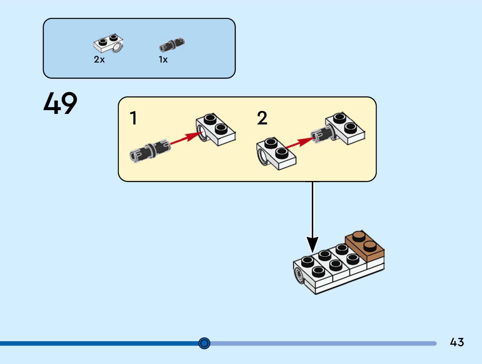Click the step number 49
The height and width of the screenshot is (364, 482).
point(60,103)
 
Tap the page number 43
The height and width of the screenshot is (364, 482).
point(457,342)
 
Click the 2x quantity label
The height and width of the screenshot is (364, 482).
point(99,60)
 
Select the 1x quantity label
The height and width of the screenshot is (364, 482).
point(163,60)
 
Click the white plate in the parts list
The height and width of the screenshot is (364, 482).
point(108,43)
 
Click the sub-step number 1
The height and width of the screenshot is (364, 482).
point(134,118)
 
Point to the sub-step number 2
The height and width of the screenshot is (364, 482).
point(262,118)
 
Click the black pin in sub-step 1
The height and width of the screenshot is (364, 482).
point(150,151)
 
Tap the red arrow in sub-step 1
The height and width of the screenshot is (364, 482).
point(186,138)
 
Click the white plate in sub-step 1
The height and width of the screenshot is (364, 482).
point(216,129)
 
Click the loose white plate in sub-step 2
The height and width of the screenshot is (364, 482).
point(276,154)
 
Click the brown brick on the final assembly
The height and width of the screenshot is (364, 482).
point(365,246)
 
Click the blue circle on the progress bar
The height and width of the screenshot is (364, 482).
point(204,343)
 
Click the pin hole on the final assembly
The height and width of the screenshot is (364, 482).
point(299,275)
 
